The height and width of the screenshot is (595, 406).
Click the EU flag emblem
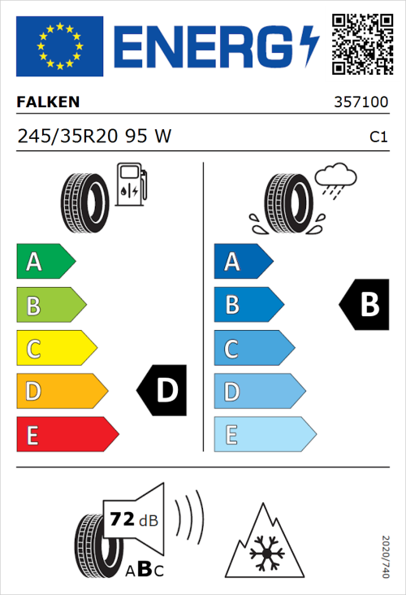(x=59, y=46)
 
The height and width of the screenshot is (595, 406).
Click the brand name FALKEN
(x=49, y=103)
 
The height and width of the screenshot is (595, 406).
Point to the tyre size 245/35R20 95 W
(x=94, y=137)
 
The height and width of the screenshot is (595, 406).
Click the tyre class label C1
(x=378, y=138)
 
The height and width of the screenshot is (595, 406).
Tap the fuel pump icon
(x=131, y=185)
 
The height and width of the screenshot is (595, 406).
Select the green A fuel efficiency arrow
(x=45, y=262)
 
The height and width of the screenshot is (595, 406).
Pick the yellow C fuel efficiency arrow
(x=55, y=350)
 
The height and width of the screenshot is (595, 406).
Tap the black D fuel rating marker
(x=162, y=391)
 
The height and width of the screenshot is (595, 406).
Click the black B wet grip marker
(x=364, y=304)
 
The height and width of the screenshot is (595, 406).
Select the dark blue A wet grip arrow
(x=242, y=262)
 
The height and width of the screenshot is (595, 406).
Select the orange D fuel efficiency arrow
(x=61, y=392)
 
